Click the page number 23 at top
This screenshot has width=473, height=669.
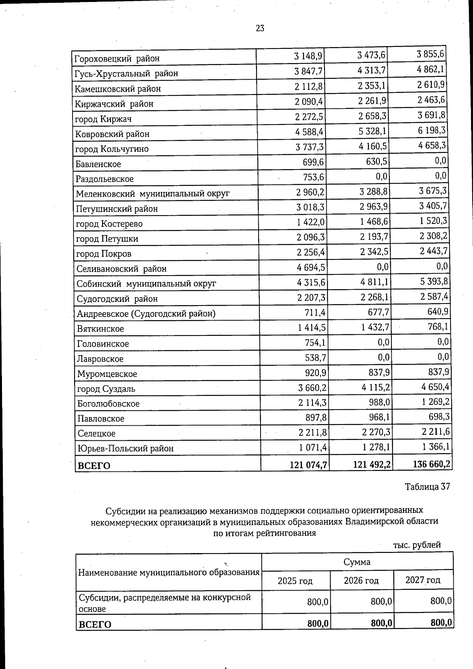(x=260, y=28)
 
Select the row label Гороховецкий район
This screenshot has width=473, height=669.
(x=117, y=59)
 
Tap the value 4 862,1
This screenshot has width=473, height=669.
(x=431, y=70)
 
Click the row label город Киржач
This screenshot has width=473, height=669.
(x=103, y=119)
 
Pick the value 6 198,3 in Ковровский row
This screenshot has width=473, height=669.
(x=432, y=130)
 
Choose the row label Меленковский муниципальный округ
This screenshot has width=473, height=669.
(x=153, y=194)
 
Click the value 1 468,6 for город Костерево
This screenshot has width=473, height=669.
(x=374, y=222)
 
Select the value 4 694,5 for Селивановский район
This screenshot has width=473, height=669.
(x=311, y=268)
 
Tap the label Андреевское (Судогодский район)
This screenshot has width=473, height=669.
(x=146, y=314)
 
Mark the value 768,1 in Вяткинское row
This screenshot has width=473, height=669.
(x=438, y=327)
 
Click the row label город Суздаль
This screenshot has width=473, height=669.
(x=106, y=389)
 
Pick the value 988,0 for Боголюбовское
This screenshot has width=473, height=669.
(x=379, y=402)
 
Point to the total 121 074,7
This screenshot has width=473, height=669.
(x=308, y=465)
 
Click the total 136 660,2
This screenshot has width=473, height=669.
(x=431, y=464)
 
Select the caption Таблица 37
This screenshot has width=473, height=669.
(x=427, y=486)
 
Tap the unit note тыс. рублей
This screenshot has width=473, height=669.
(x=417, y=545)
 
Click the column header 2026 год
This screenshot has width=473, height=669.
(x=361, y=580)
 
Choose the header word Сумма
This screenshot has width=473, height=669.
(x=357, y=562)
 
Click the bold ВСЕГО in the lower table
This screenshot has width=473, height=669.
(x=95, y=624)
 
